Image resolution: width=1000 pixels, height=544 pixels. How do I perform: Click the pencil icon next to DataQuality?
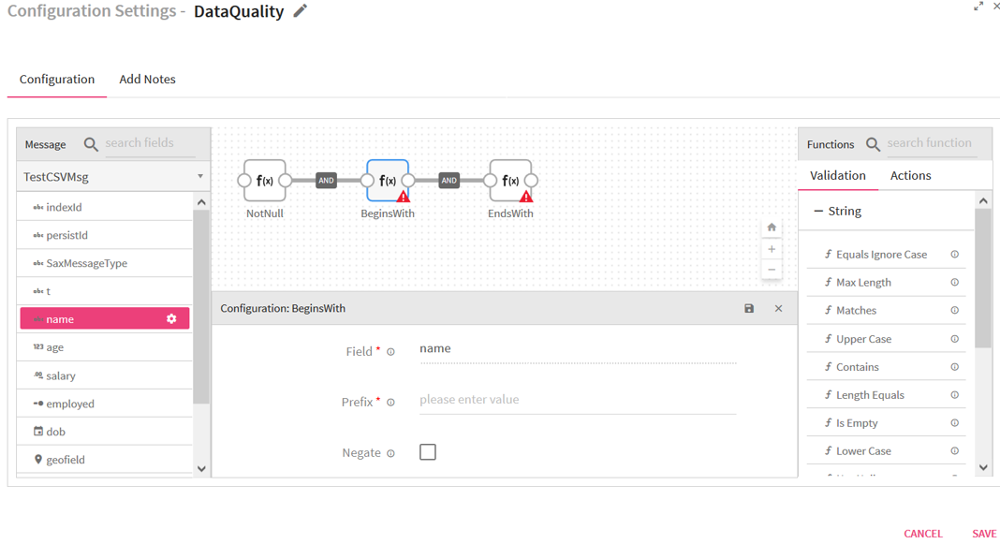tap(300, 11)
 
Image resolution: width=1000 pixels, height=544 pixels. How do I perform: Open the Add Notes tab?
tap(147, 79)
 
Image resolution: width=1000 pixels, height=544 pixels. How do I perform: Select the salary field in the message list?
tap(61, 375)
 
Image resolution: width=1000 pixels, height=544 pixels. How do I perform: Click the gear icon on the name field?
tap(171, 319)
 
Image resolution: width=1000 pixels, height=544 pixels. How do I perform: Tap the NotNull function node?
tap(265, 181)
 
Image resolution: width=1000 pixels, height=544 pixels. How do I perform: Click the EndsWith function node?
tap(510, 181)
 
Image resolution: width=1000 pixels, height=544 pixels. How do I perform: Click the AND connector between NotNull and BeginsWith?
tap(326, 181)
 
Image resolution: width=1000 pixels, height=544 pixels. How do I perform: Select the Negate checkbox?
tap(428, 452)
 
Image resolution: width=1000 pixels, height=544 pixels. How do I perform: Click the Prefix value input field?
tap(577, 400)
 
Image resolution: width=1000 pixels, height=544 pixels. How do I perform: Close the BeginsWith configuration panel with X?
tap(779, 309)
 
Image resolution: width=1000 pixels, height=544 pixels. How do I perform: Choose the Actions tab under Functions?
tap(910, 175)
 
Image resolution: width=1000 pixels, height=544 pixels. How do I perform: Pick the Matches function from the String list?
tap(856, 311)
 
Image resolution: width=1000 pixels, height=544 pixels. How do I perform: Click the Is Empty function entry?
tap(857, 423)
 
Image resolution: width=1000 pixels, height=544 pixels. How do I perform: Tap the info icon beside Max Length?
tap(955, 283)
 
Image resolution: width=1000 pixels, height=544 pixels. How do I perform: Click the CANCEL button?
tap(923, 533)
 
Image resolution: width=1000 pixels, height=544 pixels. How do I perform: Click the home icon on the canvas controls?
tap(772, 227)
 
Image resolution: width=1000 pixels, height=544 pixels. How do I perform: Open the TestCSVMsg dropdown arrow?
tap(200, 177)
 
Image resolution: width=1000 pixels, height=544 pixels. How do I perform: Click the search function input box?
tap(931, 143)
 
